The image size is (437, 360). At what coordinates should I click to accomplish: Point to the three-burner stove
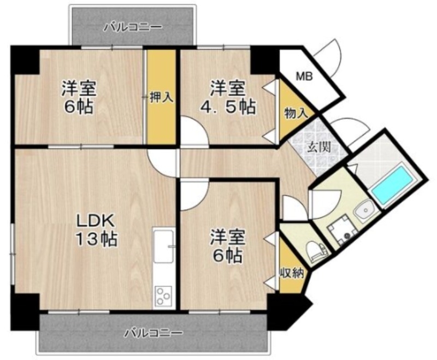coord(163,297)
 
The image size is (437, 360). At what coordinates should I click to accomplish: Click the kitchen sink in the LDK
coord(163,247)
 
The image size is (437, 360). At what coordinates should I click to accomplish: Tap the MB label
coord(304,76)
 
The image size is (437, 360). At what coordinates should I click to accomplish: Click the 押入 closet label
coord(161,98)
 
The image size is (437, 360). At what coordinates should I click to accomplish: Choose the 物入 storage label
coord(296,114)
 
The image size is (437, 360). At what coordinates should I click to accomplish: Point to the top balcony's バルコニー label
coord(133,26)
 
